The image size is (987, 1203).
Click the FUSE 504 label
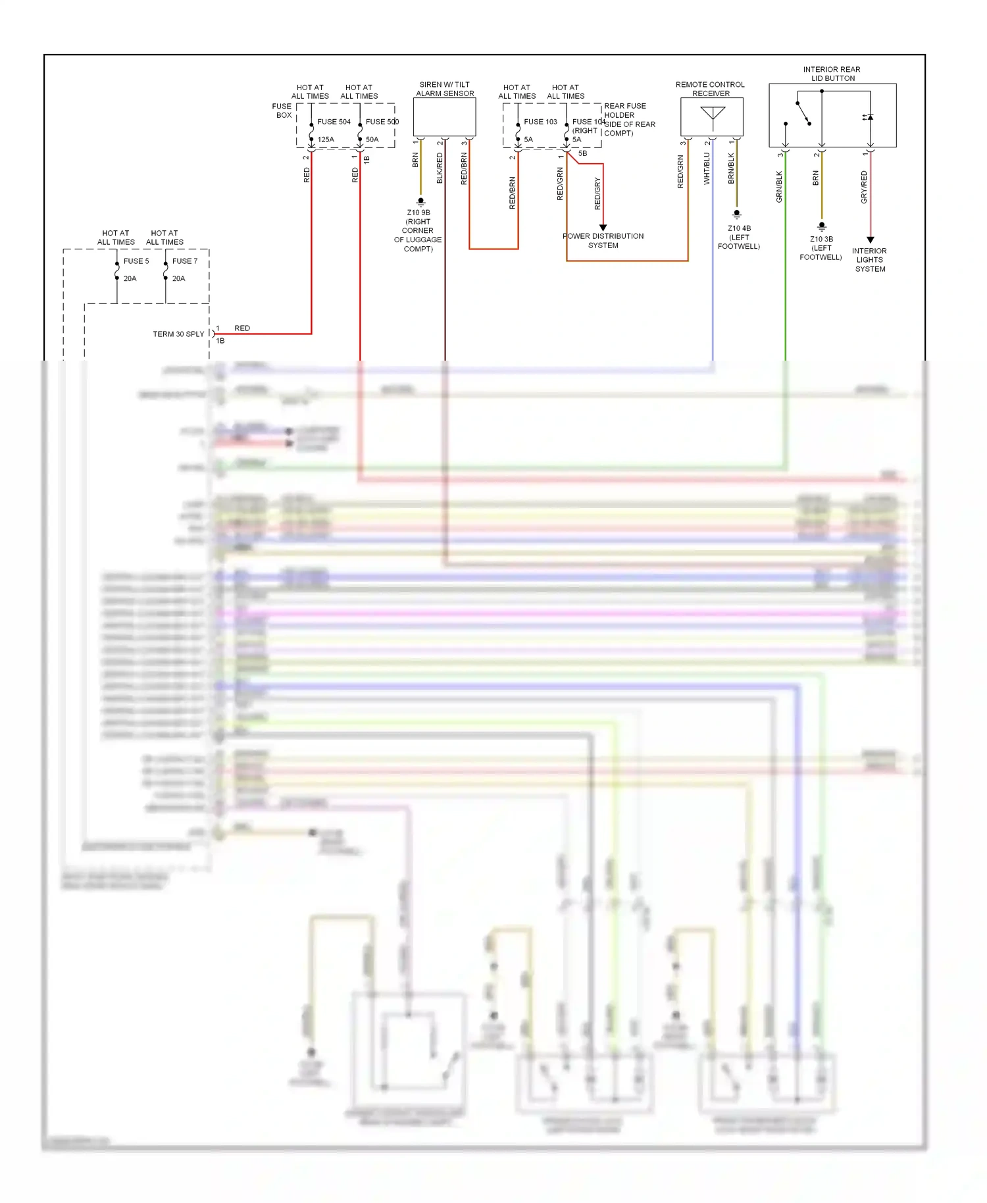[x=334, y=122]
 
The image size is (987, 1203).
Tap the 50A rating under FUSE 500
[x=372, y=140]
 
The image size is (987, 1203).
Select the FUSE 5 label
[x=136, y=261]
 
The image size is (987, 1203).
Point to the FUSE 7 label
[x=185, y=261]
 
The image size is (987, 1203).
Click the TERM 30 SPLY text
[x=178, y=334]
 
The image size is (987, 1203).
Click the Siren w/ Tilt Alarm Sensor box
[x=444, y=117]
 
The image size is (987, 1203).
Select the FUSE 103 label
[x=540, y=122]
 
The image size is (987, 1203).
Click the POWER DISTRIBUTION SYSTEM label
[x=603, y=241]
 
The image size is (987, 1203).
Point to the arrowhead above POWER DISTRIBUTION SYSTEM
[x=603, y=228]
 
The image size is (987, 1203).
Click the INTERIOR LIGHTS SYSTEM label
[x=869, y=260]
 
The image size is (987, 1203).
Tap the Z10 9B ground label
[x=418, y=230]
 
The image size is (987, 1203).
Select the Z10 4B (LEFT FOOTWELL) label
[x=739, y=238]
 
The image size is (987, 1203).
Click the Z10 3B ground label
[x=821, y=248]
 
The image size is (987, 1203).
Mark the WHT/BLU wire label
[x=707, y=168]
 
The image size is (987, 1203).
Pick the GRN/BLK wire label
[x=779, y=186]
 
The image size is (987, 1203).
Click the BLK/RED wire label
[x=440, y=168]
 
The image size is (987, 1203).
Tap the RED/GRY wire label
[x=597, y=193]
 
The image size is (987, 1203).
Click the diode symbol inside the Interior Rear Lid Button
[x=869, y=117]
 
